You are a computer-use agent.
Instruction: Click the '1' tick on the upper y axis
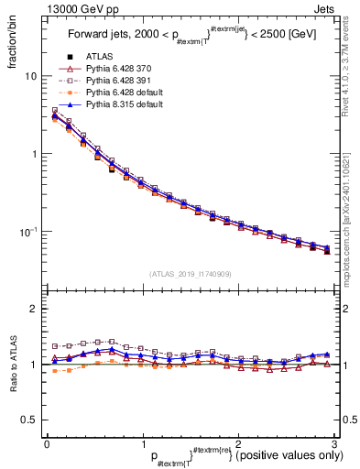tap(32, 154)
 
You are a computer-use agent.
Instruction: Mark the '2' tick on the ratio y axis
tap(32, 309)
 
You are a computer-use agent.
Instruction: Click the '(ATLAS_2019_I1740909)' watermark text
tap(190, 274)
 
